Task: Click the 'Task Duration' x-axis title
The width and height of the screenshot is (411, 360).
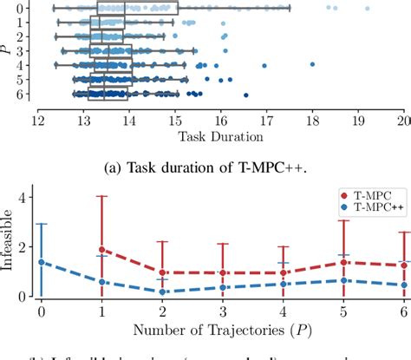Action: click(220, 136)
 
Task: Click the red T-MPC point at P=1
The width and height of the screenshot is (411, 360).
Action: click(101, 249)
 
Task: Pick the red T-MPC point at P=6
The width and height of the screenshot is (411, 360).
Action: click(402, 265)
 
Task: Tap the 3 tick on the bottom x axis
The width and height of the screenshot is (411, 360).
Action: click(222, 310)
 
